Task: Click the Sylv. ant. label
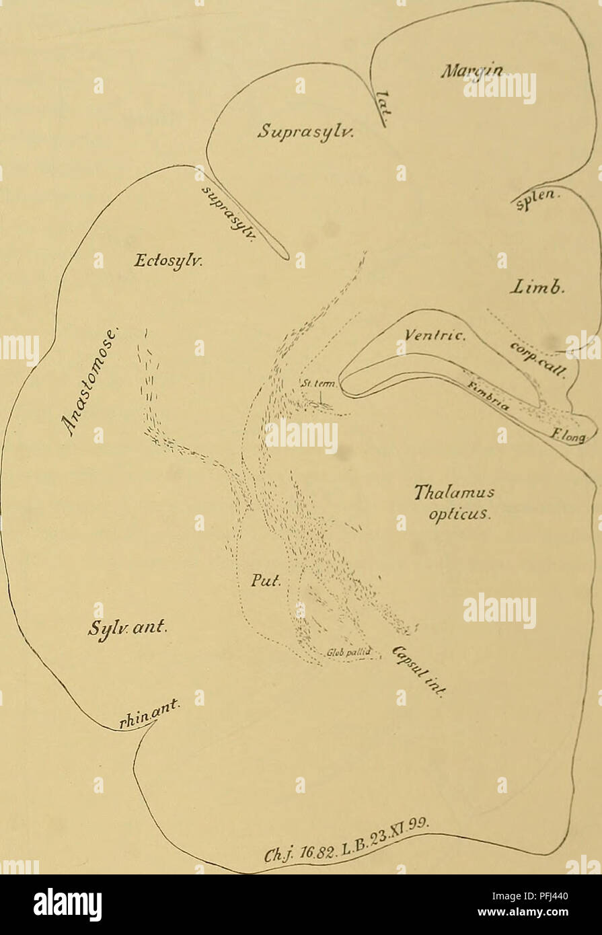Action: click(x=132, y=630)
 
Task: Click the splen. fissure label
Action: click(x=537, y=199)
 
